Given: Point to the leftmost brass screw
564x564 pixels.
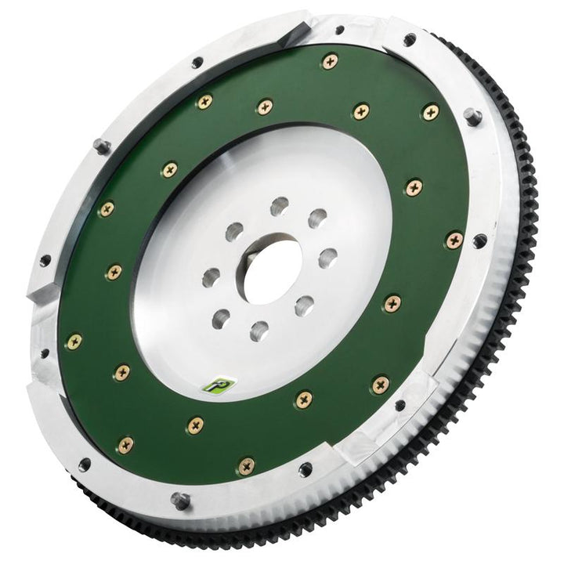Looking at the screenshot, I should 74,340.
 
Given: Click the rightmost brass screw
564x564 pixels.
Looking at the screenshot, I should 454,240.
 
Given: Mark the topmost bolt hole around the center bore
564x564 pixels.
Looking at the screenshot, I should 277,208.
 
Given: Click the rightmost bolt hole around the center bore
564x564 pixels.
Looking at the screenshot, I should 327,257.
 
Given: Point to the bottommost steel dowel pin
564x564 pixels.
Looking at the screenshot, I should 179,499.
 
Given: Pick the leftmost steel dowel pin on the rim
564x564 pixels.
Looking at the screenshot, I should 99,146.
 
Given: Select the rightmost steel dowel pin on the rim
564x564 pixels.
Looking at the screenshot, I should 472,116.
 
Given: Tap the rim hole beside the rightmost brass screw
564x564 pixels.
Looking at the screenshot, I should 479,240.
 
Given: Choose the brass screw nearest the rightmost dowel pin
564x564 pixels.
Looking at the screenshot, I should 430,112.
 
